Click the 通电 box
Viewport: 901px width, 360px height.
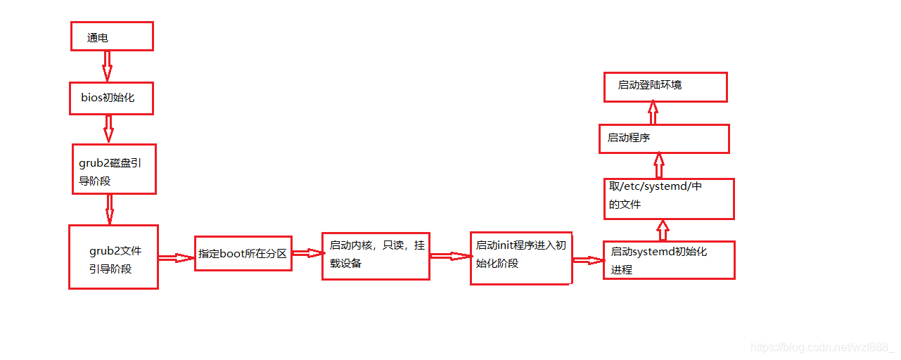click(x=112, y=36)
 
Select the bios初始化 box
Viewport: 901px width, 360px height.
click(x=111, y=98)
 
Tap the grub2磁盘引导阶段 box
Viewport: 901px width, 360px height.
click(x=114, y=169)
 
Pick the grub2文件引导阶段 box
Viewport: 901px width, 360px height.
click(x=113, y=257)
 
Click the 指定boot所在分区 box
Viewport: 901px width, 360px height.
click(x=243, y=253)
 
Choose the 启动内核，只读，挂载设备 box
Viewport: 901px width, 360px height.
click(x=376, y=256)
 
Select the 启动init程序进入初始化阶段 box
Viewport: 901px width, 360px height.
click(x=520, y=257)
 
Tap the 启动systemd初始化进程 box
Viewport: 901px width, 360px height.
click(x=668, y=260)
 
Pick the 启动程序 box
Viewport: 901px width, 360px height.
click(x=663, y=139)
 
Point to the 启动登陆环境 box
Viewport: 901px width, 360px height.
click(x=665, y=86)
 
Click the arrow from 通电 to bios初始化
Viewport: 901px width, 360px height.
click(x=107, y=65)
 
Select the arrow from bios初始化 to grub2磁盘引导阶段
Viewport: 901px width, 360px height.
click(x=108, y=129)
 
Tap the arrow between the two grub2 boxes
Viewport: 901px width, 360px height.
click(x=110, y=209)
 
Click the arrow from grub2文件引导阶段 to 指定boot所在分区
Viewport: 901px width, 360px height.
click(x=176, y=258)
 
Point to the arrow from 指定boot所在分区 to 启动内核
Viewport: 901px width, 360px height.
click(x=307, y=252)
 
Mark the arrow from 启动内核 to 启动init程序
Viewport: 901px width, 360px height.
click(x=450, y=257)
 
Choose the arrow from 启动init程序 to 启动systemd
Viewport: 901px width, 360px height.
click(x=587, y=260)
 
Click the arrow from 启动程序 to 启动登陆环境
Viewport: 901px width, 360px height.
click(x=653, y=112)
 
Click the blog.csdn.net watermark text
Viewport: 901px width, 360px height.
click(x=822, y=347)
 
